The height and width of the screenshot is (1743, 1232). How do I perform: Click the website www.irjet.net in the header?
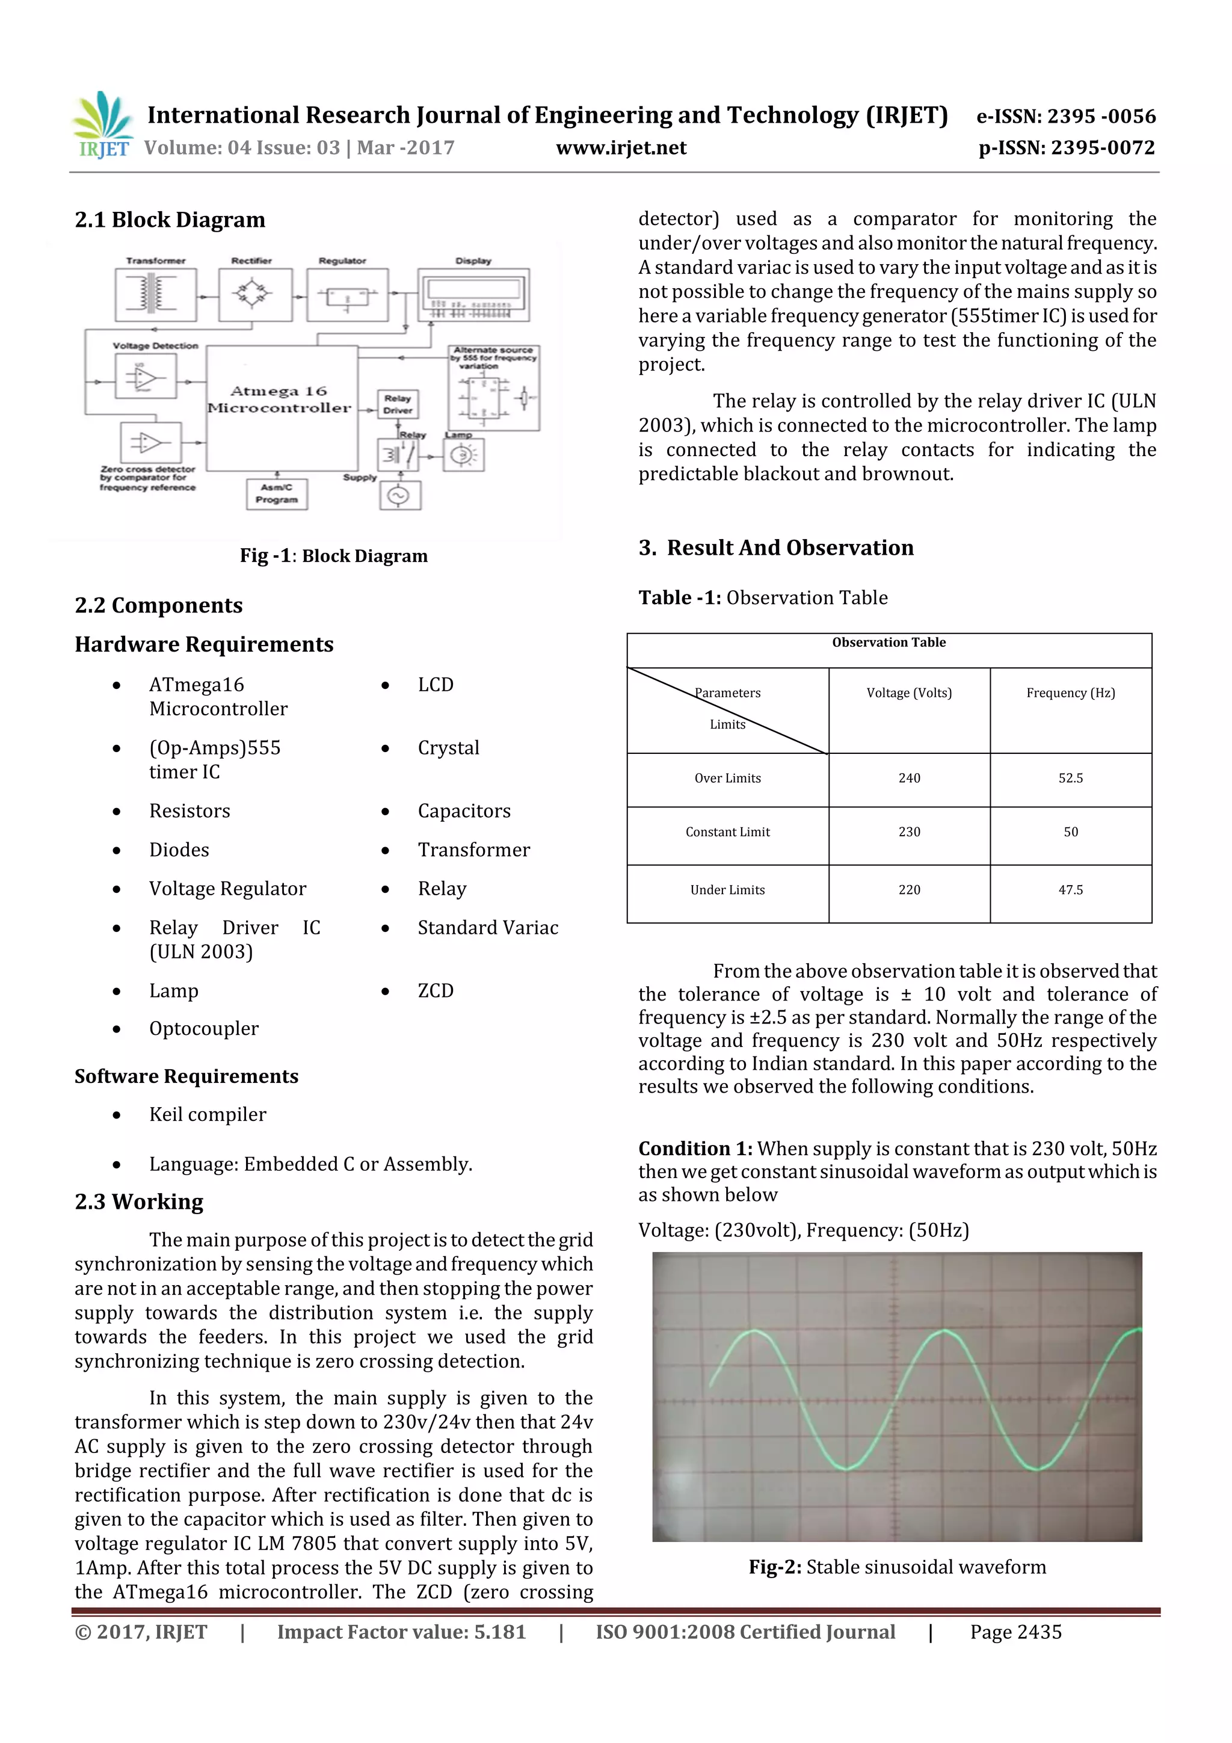(620, 148)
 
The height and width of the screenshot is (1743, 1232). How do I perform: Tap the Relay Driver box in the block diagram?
(397, 404)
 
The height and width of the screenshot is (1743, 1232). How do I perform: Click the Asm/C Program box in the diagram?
(276, 493)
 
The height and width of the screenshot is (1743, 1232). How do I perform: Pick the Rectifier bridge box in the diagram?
(253, 295)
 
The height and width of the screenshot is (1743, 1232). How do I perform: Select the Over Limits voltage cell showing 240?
(908, 778)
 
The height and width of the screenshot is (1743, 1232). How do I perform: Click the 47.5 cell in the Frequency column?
(1070, 890)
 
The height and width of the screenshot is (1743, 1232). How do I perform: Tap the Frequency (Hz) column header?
(1070, 693)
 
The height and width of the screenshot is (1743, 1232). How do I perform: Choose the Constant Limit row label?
(727, 832)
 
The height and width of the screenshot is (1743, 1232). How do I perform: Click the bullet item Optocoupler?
(203, 1029)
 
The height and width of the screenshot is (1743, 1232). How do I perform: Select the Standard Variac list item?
(487, 928)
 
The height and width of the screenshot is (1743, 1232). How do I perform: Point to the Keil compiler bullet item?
(207, 1114)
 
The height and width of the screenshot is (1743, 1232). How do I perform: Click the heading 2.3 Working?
(139, 1202)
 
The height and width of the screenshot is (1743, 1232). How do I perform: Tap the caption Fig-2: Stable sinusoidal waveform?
(896, 1567)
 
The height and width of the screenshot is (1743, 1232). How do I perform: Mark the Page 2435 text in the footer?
(1015, 1632)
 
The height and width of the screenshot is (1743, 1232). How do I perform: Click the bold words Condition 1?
(695, 1149)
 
